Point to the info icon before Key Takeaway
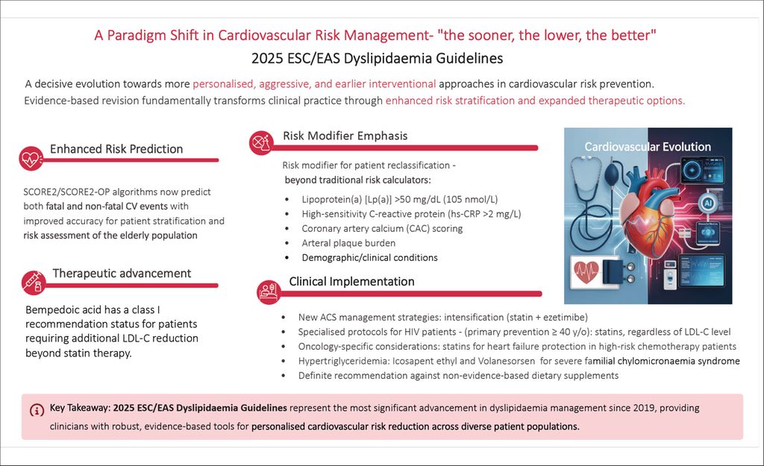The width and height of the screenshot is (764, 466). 37,410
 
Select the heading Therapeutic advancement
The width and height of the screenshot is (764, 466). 122,273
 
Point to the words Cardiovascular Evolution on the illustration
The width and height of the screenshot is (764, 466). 647,146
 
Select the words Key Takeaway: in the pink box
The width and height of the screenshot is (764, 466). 80,409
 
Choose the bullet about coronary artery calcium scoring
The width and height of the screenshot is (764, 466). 381,228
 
